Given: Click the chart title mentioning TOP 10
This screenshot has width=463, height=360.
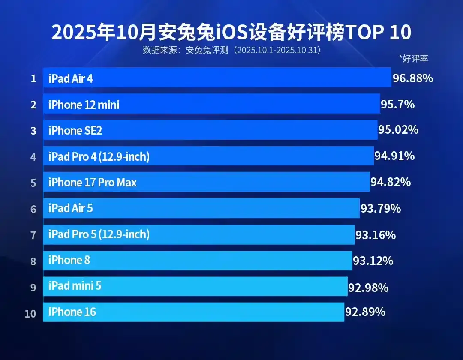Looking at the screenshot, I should (231, 33).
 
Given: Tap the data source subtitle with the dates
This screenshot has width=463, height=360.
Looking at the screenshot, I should (232, 50).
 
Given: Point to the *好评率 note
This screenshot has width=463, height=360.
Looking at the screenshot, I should (413, 59).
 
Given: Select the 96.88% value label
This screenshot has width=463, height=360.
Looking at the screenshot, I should (413, 78).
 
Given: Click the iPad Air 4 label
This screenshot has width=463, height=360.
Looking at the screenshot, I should (70, 78).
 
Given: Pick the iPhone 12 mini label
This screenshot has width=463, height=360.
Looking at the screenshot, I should (84, 105).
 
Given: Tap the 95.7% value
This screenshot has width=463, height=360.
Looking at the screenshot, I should (397, 104).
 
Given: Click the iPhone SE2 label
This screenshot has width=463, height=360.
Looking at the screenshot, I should (75, 131).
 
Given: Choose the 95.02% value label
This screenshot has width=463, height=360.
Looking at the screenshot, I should (398, 130).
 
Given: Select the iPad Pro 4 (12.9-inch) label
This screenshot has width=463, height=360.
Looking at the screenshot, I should (99, 157).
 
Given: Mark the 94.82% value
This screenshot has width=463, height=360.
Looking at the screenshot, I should (391, 182).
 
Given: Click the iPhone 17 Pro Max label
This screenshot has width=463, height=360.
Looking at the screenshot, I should (92, 183).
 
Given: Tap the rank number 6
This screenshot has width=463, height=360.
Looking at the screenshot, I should (33, 209).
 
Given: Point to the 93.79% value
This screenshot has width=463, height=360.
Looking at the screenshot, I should (381, 209).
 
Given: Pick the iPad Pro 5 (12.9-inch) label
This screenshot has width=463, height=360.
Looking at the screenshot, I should (99, 234).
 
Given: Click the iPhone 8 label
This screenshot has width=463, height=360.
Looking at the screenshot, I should (69, 260).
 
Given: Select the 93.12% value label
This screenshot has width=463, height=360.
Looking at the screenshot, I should (373, 261).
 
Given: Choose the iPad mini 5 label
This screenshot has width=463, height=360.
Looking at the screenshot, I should (75, 286).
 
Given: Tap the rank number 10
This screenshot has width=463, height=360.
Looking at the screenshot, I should (30, 313).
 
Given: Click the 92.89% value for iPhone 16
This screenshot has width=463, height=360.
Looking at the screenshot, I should (365, 312).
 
